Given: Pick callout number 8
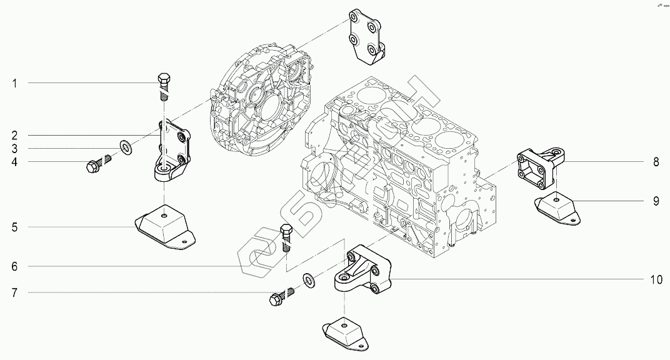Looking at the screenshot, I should point(656,162).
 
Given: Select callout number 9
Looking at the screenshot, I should point(656,201).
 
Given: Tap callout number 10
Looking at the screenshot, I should point(656,279).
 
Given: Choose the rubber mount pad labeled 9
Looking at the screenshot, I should point(558,207).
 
